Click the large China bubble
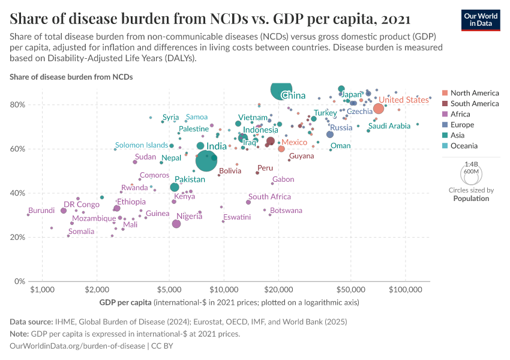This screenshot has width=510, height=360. [281, 90]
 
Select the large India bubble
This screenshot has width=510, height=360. [206, 161]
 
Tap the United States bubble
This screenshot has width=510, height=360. [379, 109]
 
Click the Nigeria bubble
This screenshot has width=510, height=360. [176, 224]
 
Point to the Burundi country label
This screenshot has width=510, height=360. [41, 211]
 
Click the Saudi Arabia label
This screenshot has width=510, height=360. [389, 126]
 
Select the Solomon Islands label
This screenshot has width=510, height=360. [142, 145]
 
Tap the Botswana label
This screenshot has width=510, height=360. [286, 211]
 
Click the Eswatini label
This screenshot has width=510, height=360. [237, 217]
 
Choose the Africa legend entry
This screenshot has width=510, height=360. [460, 115]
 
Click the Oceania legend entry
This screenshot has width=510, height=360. [464, 146]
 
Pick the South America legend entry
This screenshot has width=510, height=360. [474, 104]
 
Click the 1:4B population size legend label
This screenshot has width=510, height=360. [471, 164]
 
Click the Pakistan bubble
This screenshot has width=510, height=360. [175, 188]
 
